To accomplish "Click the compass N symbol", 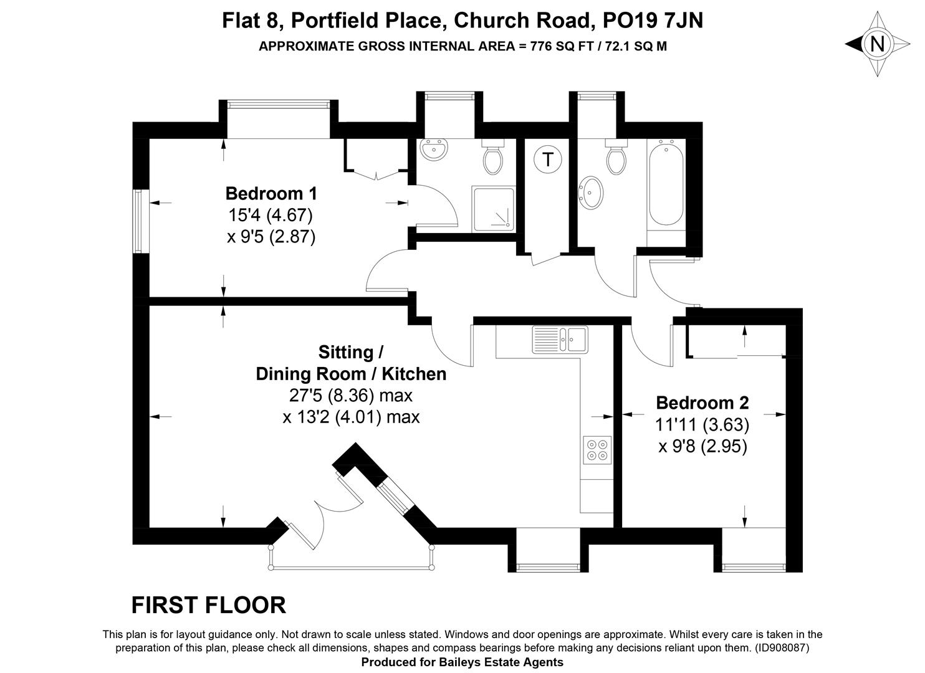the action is tap(877, 44).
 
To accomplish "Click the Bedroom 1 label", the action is tap(271, 194).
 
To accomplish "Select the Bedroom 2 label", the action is tap(702, 403).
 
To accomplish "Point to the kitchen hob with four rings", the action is tap(597, 450).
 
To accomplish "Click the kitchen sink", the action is tap(560, 340).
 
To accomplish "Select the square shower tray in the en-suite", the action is tap(494, 209).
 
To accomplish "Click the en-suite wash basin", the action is tap(434, 149).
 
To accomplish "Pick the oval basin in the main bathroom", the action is tap(592, 192).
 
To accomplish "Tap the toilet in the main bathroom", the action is tap(616, 157).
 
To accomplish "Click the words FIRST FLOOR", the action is tap(209, 605).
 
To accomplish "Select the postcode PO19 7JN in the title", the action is tap(653, 20).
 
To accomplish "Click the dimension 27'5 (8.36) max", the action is tap(350, 395).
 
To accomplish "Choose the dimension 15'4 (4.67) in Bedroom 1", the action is tap(271, 215).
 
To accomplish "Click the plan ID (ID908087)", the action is tap(782, 647).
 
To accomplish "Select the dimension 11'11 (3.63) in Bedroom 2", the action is tap(702, 424).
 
